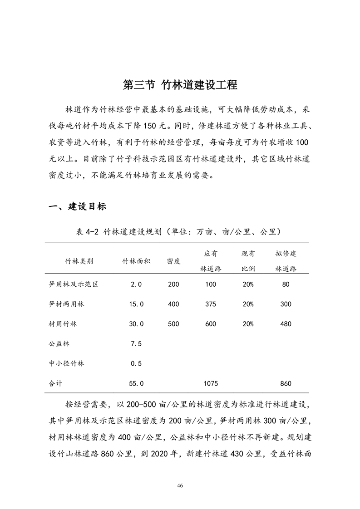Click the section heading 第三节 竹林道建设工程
180,85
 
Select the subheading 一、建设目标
77,206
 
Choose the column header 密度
173,261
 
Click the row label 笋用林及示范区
74,284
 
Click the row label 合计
55,383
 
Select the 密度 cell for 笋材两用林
173,304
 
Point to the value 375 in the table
211,304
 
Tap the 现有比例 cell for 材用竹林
248,324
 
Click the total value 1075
211,383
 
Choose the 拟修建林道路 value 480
286,324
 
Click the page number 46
180,486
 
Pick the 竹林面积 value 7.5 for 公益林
137,343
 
